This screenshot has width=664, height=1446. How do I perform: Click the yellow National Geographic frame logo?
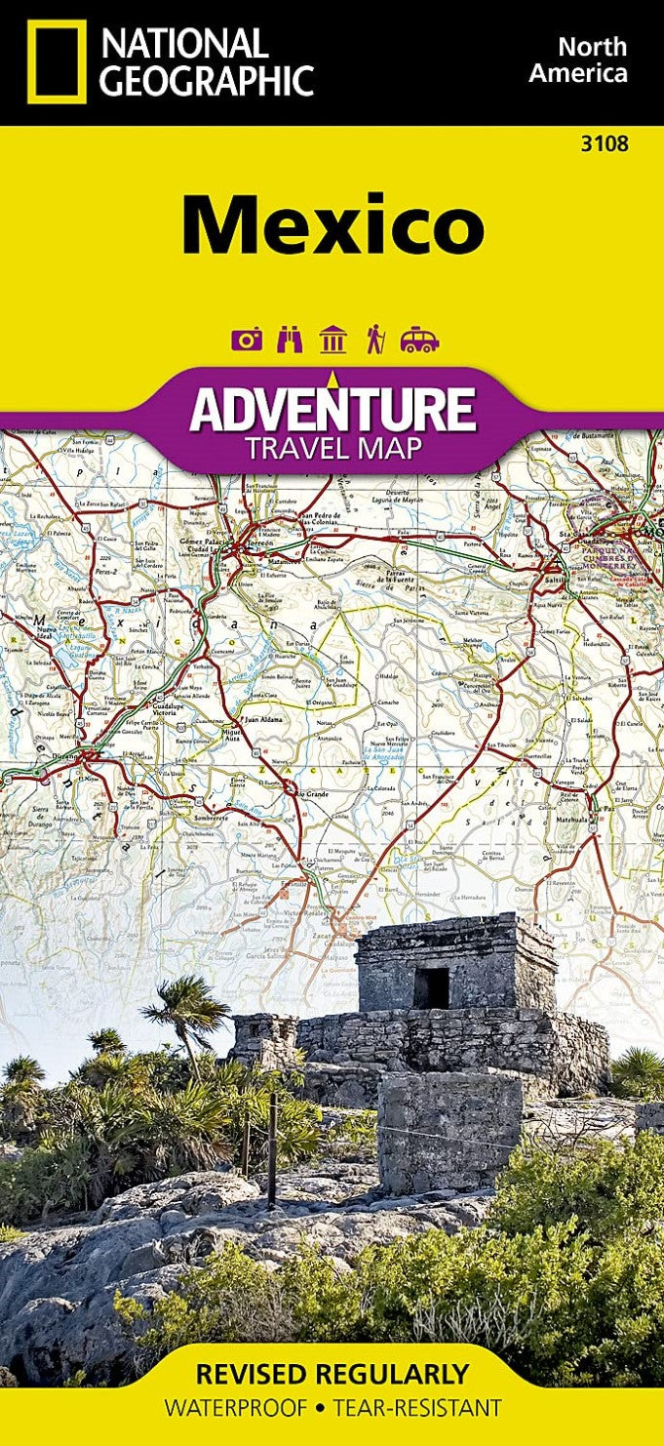(x=57, y=60)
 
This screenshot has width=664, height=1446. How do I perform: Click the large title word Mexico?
(x=332, y=225)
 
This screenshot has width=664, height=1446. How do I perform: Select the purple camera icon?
(x=247, y=340)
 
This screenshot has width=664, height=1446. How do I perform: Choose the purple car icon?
(x=419, y=340)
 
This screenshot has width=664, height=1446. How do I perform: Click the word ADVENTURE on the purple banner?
(x=332, y=410)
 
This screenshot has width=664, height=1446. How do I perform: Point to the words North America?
(x=592, y=59)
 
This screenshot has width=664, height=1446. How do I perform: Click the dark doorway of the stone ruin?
(x=430, y=987)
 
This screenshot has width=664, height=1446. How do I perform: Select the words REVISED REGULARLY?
(x=332, y=1375)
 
